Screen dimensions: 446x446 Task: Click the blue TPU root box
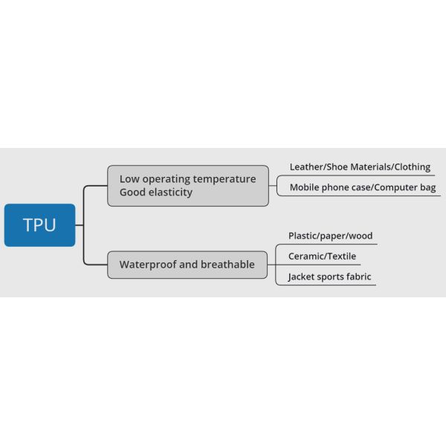[x=39, y=225]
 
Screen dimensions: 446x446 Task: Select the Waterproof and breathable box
[x=187, y=265]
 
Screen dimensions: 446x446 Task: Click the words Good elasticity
[x=156, y=193]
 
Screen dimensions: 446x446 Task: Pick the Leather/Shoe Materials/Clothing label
[x=360, y=167]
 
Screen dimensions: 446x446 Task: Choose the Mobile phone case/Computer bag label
[x=363, y=187]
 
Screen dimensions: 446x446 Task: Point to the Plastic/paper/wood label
[x=330, y=236]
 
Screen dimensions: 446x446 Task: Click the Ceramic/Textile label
[x=323, y=256]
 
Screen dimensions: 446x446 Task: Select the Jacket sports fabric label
[x=330, y=277]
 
